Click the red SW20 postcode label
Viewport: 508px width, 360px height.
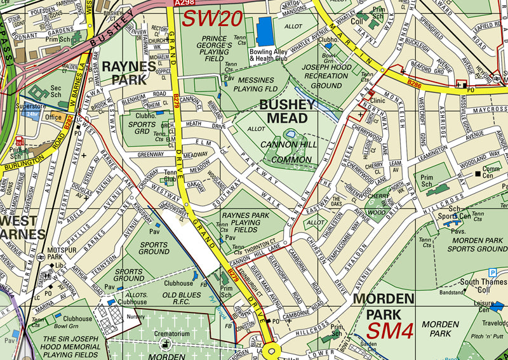coord(212,18)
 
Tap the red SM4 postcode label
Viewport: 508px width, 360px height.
coord(391,331)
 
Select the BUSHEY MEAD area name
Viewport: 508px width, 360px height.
coord(283,110)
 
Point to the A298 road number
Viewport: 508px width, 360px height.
coord(182,4)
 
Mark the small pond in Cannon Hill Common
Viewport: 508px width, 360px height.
coord(290,134)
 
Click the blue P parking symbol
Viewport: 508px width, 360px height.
coord(492,272)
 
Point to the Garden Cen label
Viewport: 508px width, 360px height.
coord(369,345)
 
